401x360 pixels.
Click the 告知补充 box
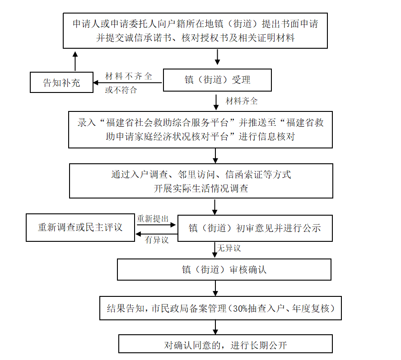61,83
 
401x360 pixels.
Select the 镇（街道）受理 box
217,80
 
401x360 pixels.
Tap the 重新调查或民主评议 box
80,227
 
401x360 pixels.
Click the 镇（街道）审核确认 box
224,269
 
